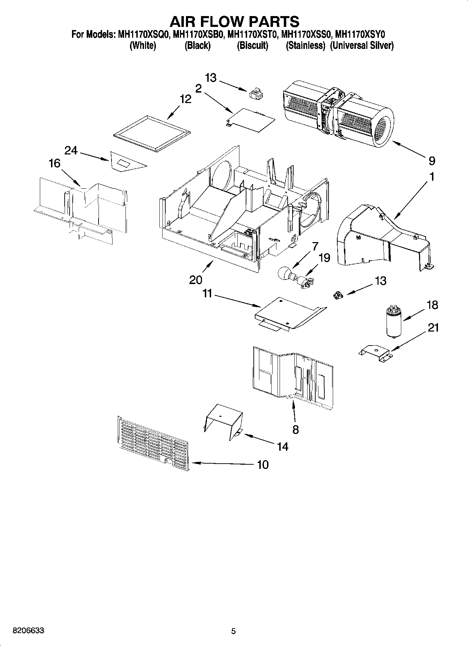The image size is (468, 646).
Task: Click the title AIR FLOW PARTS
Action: coord(234,21)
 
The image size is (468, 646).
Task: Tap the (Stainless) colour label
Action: coord(305,45)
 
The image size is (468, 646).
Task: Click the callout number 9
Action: coord(432,161)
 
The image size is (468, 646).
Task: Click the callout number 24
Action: coord(71,151)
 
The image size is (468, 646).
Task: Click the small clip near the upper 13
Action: coord(255,95)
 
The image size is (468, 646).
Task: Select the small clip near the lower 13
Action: coord(338,296)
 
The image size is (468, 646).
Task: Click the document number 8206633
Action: coord(28,631)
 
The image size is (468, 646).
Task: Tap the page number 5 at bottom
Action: coord(233,631)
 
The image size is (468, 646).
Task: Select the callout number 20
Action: coord(196,280)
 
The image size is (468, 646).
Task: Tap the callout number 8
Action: coord(295,429)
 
